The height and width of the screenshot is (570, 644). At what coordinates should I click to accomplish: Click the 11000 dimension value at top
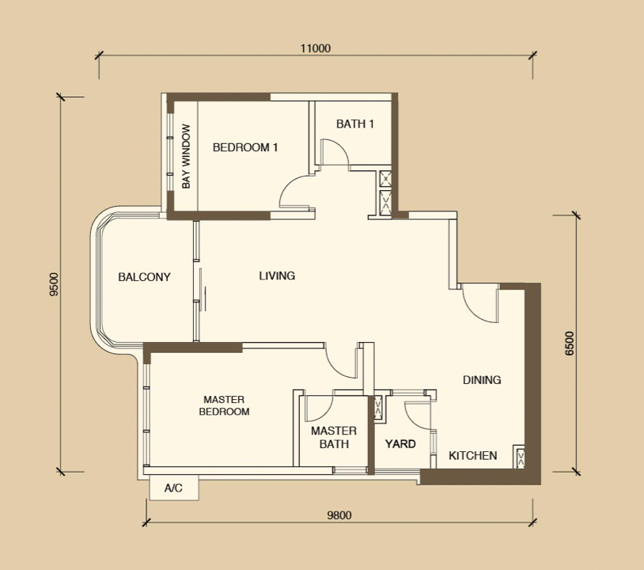click(x=316, y=48)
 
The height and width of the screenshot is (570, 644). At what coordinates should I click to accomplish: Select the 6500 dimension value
click(x=570, y=344)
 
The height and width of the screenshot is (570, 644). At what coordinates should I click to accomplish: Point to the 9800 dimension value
click(x=339, y=515)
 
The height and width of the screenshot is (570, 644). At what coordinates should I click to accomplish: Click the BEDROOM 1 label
click(x=245, y=147)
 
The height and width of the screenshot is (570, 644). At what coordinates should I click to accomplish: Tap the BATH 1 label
click(x=355, y=123)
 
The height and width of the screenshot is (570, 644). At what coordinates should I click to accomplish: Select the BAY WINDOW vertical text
click(x=186, y=157)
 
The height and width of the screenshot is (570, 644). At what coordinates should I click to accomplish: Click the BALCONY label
click(x=144, y=277)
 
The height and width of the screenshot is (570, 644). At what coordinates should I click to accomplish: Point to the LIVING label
click(x=277, y=275)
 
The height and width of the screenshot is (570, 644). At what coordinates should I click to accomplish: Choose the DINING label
click(x=482, y=380)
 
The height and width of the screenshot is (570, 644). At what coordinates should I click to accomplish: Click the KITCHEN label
click(x=473, y=455)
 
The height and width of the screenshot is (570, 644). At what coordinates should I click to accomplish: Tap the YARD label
click(x=400, y=444)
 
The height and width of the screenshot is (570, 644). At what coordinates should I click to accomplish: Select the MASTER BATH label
click(x=334, y=437)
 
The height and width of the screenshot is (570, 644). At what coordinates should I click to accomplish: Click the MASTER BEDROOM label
click(x=224, y=405)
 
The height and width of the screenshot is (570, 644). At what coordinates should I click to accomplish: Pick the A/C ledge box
click(x=174, y=488)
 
